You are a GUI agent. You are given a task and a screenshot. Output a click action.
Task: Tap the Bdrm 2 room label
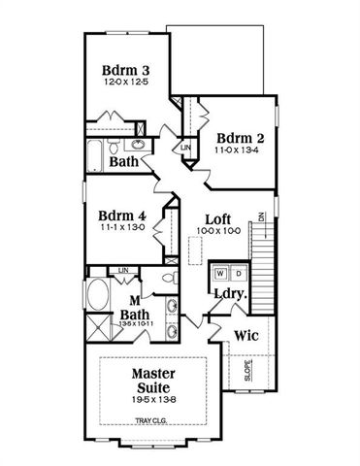click(240, 138)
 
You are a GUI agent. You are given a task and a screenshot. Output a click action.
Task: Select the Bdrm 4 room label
click(121, 216)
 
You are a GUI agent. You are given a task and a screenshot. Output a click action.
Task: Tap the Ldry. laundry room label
click(229, 293)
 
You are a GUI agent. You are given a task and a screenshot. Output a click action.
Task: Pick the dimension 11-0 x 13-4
click(240, 151)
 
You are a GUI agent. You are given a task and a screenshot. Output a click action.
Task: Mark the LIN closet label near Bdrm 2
click(185, 147)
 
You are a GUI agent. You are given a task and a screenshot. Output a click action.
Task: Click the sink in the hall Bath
click(138, 146)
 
